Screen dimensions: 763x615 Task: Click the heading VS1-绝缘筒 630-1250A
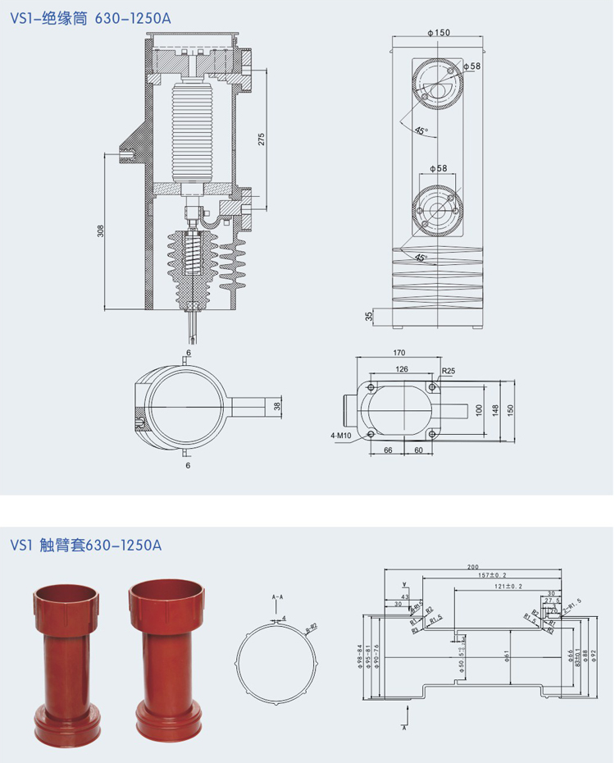point(91,18)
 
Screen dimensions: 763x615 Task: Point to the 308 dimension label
point(101,231)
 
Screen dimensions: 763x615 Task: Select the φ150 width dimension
point(439,33)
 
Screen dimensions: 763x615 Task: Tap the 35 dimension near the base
point(369,316)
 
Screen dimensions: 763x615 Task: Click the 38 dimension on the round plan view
point(277,405)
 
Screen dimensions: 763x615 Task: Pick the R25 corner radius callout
point(449,371)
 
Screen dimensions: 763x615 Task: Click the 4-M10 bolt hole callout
point(341,436)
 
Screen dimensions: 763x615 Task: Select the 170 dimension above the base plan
point(399,353)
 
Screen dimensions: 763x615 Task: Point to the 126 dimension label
point(401,369)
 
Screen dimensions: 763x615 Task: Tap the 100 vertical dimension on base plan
point(480,409)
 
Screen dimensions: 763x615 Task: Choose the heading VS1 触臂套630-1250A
point(87,546)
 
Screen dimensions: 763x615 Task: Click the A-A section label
point(276,596)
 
